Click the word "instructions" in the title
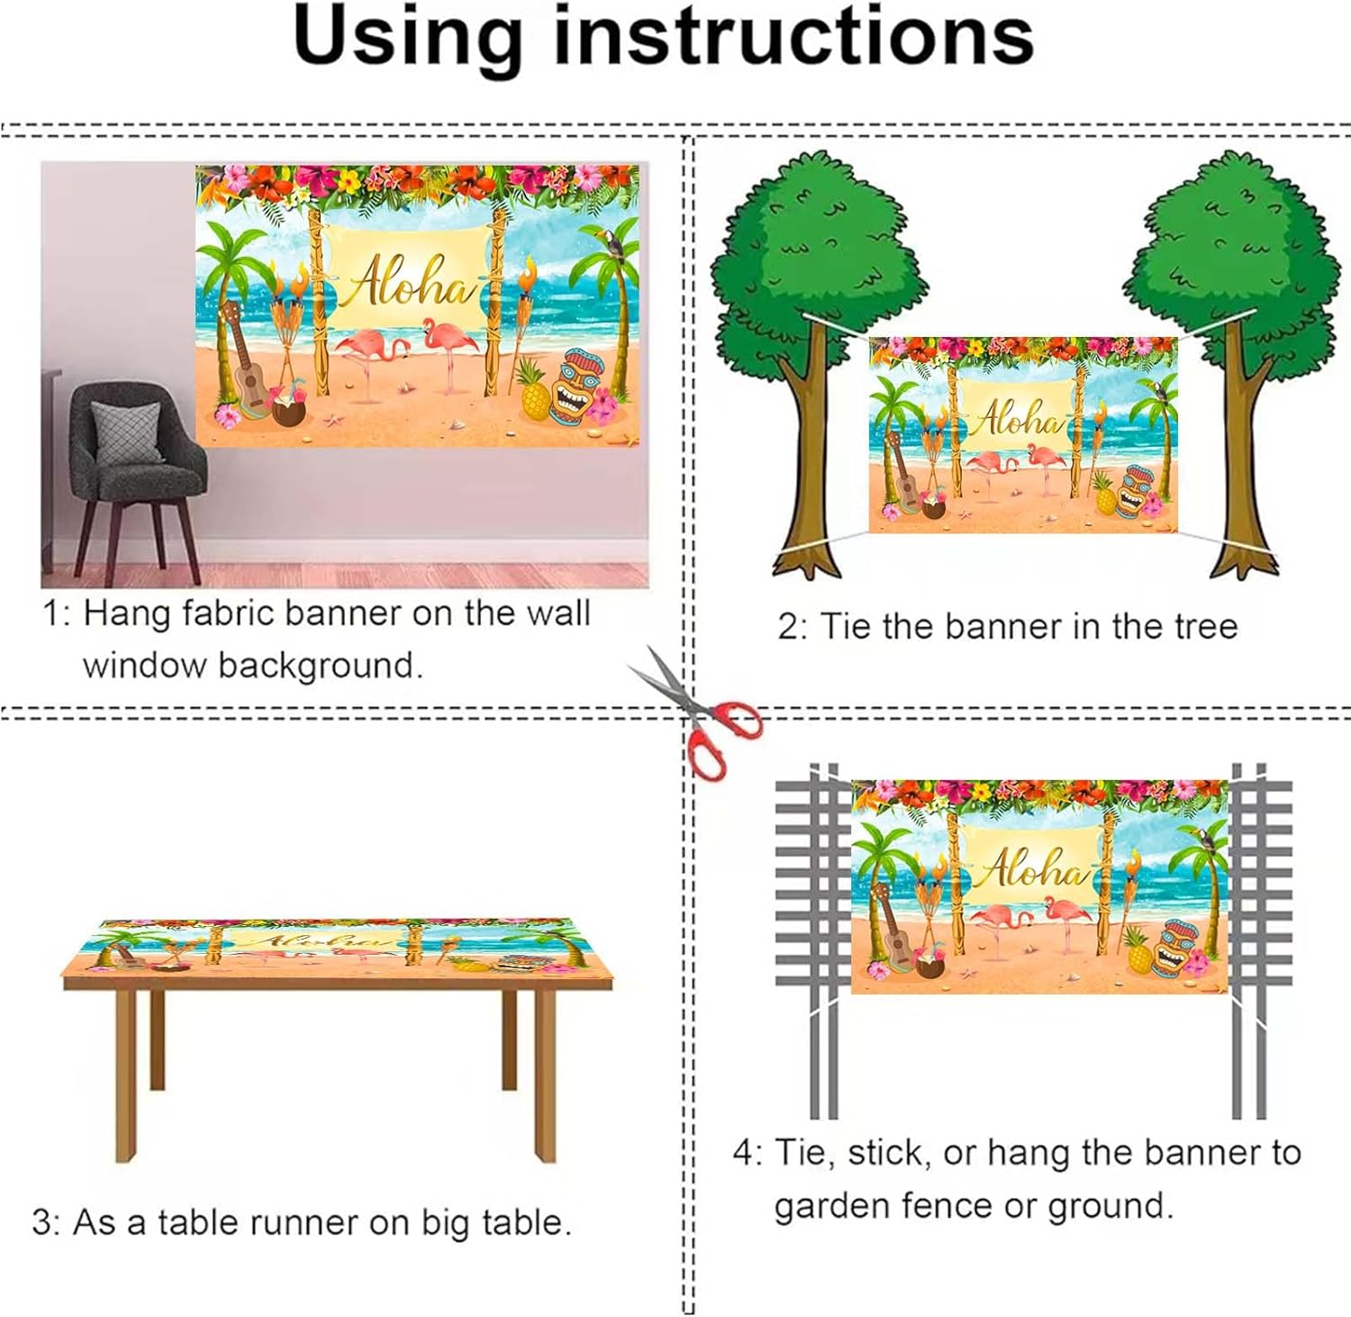point(793,38)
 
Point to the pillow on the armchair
point(126,433)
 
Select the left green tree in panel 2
point(810,360)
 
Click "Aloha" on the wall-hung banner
point(409,281)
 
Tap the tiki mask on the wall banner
point(576,388)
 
